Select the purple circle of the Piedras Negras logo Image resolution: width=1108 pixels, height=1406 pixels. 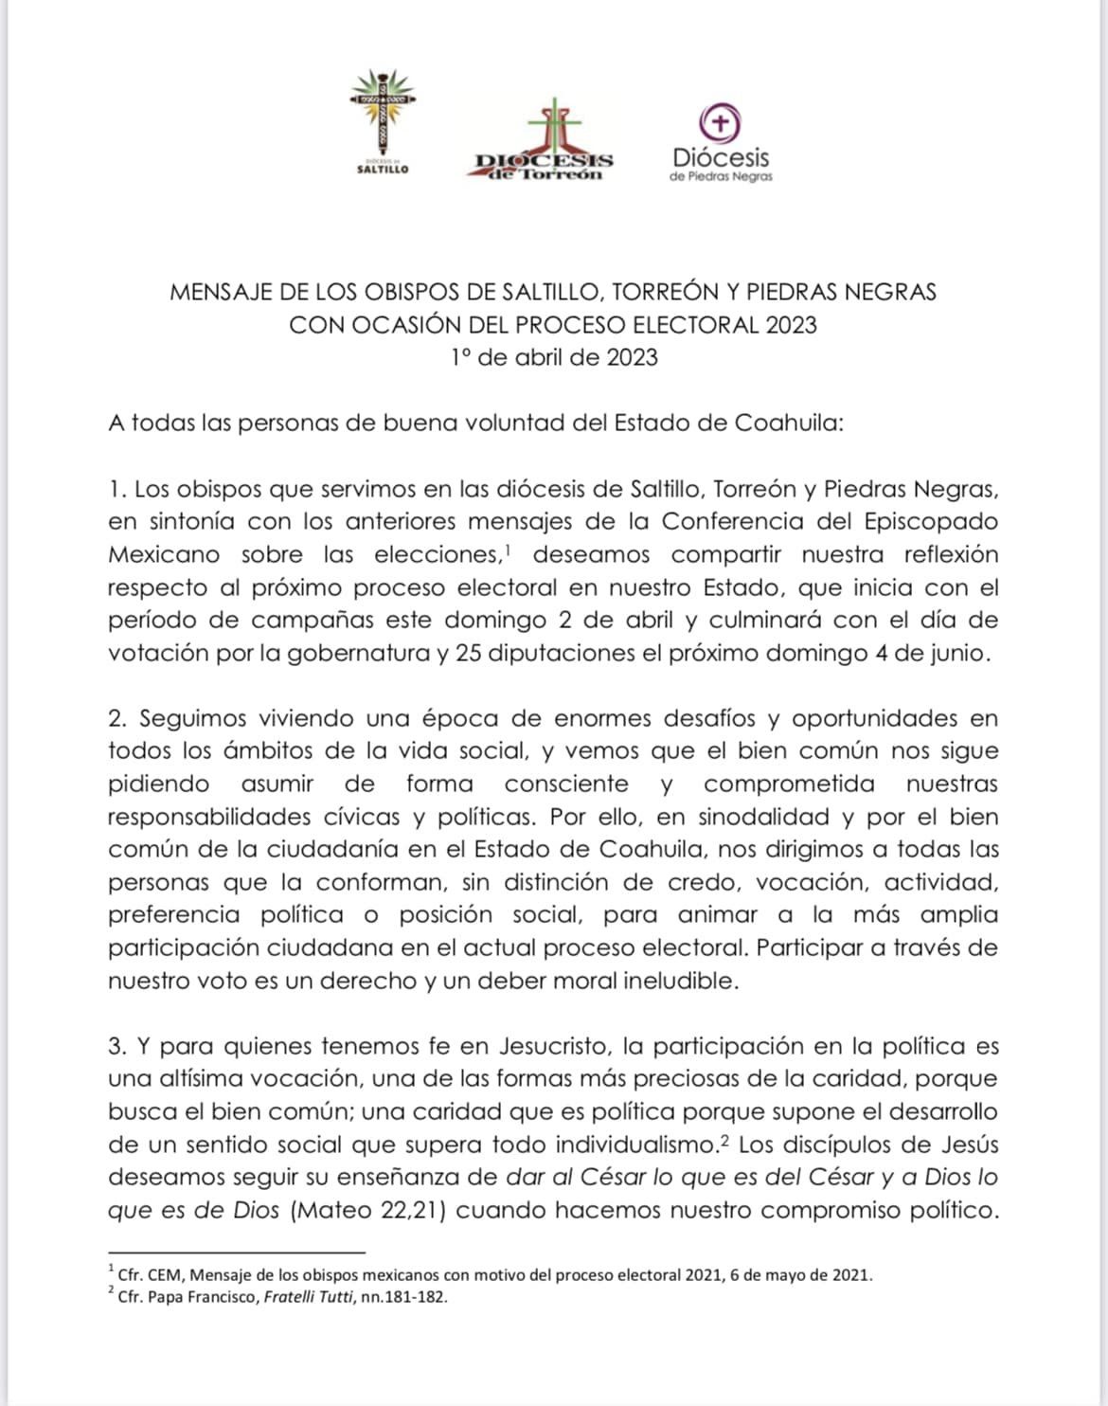click(721, 122)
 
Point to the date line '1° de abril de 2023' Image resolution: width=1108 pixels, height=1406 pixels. click(554, 357)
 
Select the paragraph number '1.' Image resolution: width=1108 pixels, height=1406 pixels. click(117, 490)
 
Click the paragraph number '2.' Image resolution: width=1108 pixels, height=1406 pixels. click(118, 718)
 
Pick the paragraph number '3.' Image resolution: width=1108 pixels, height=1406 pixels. click(118, 1046)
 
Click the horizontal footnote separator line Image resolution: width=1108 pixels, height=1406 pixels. click(236, 1253)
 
